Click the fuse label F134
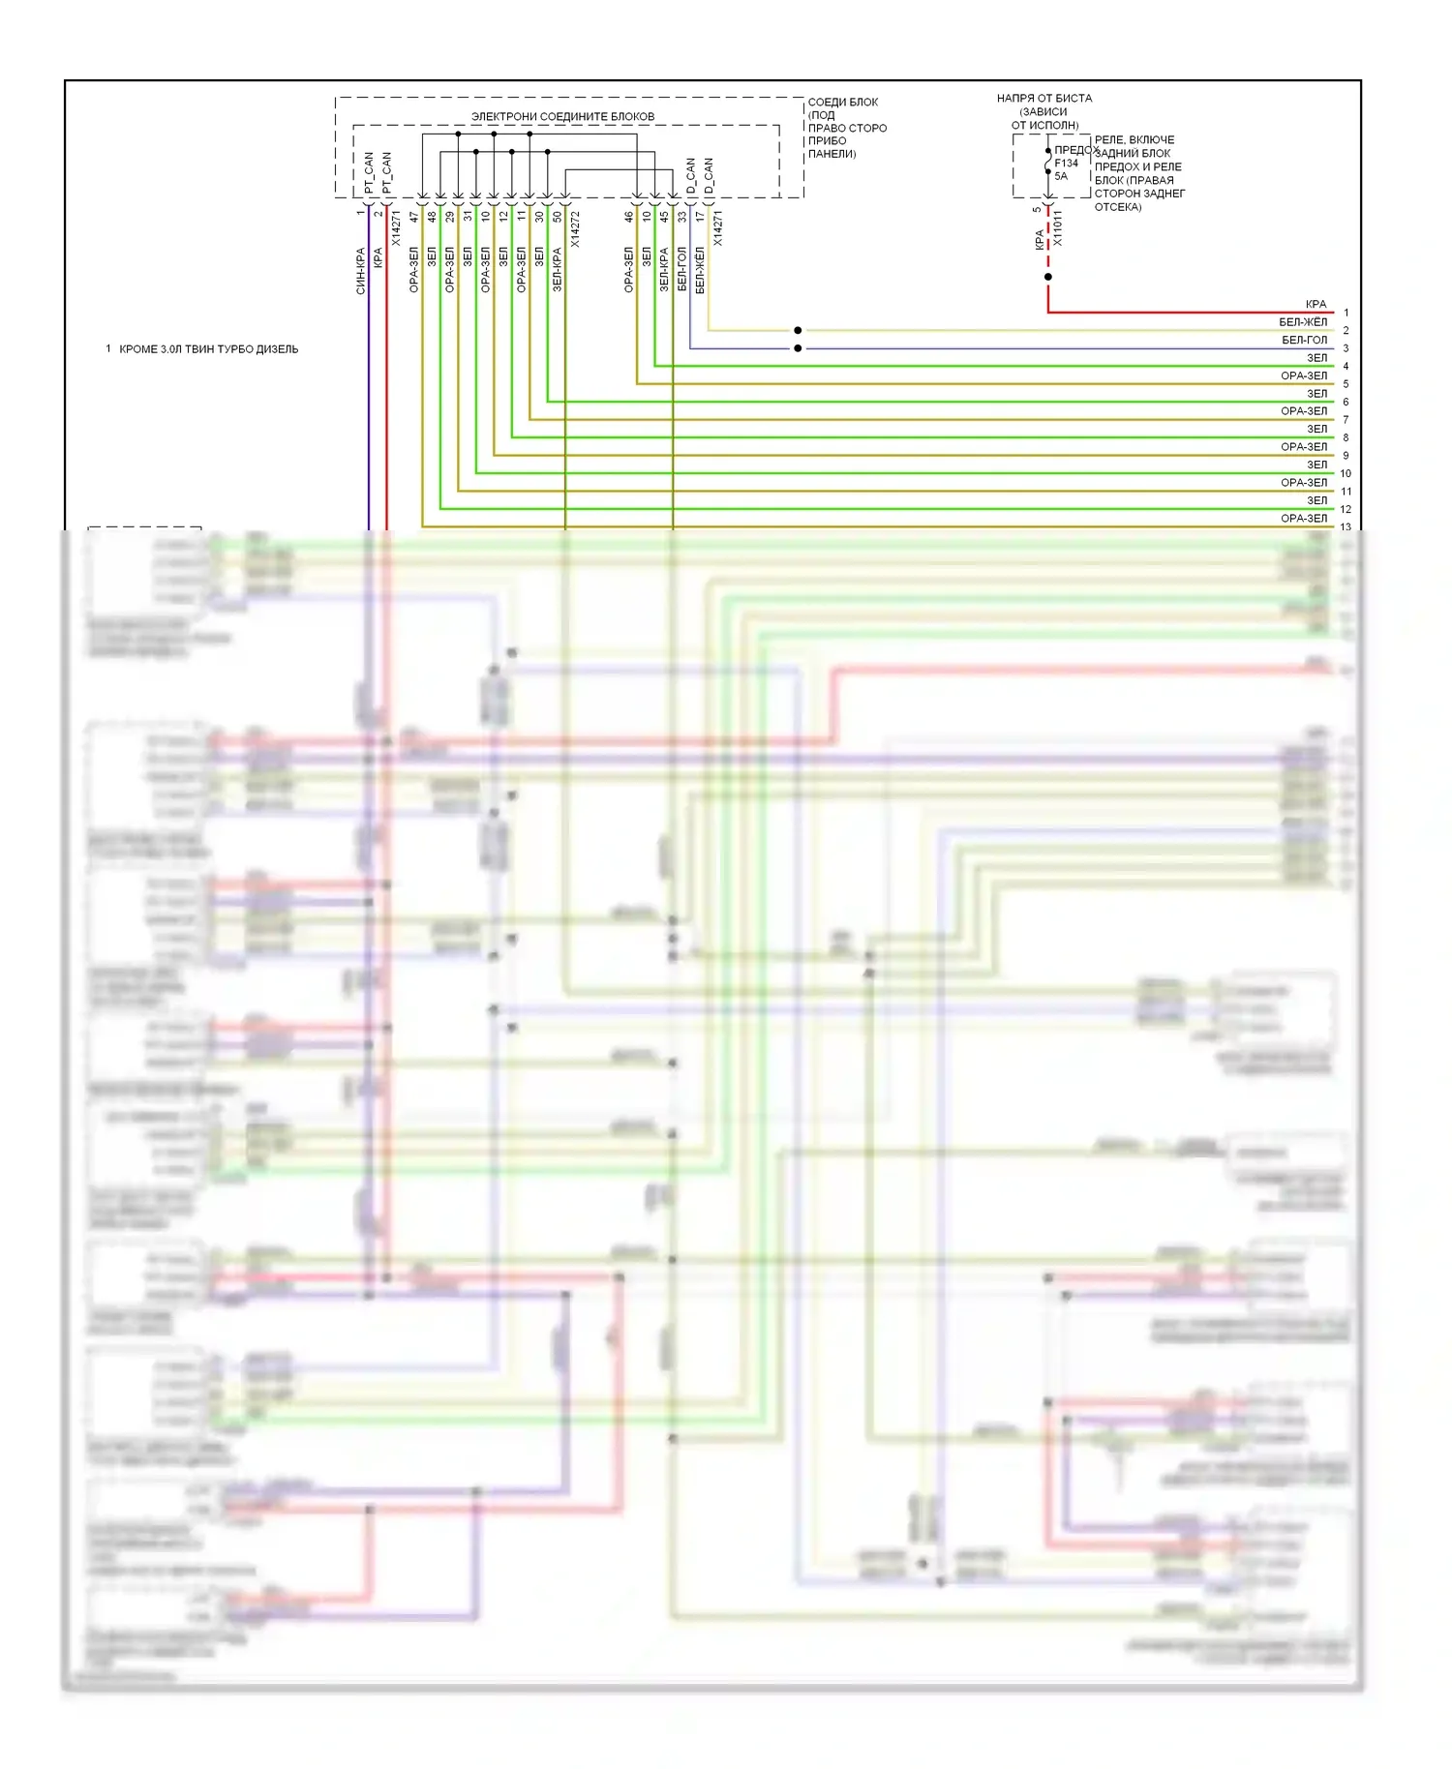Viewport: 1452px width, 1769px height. point(1066,164)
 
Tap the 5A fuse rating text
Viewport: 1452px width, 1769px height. point(1061,176)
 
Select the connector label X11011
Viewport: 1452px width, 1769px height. point(1057,228)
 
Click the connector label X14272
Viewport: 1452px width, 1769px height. point(575,230)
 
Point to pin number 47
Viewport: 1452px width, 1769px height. point(414,217)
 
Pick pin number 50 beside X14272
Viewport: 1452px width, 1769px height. point(558,217)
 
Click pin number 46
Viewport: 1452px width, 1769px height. point(628,217)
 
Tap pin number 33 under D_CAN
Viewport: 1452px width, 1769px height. point(682,217)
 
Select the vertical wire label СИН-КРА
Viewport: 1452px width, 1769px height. point(361,271)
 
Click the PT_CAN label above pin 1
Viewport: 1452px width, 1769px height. point(369,173)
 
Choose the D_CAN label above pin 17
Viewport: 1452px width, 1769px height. point(709,177)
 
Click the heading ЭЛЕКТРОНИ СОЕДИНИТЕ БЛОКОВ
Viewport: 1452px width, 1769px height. point(562,117)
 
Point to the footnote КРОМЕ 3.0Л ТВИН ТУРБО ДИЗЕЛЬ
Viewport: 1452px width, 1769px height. point(208,349)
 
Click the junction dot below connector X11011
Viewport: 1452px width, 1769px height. point(1047,277)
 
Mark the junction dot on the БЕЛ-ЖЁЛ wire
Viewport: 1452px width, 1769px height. point(798,331)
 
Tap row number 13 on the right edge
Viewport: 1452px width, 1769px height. point(1346,527)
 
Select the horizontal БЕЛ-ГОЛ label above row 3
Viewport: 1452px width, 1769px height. point(1304,341)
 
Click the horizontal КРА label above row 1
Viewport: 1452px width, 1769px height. point(1316,305)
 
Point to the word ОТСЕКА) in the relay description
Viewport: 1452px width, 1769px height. point(1118,207)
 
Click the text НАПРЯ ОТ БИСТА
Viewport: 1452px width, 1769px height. point(1044,99)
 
